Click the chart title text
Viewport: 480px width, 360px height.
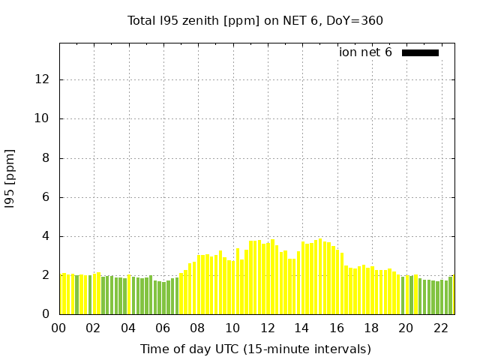[x=255, y=20]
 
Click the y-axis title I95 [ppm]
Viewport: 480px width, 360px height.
[x=10, y=178]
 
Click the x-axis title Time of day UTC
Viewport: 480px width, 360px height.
[x=255, y=349]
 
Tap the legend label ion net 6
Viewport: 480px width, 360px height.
[x=365, y=52]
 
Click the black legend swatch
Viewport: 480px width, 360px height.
[x=420, y=52]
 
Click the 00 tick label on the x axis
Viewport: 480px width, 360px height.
[x=58, y=328]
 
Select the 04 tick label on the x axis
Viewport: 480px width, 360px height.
[x=128, y=328]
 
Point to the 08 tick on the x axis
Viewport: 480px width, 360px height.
[x=197, y=328]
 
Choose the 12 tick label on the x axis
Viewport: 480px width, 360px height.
[x=267, y=328]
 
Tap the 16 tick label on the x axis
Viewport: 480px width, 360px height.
[x=336, y=328]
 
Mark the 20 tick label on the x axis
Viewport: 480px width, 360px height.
[x=406, y=328]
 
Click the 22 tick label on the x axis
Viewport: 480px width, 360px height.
[x=440, y=328]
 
